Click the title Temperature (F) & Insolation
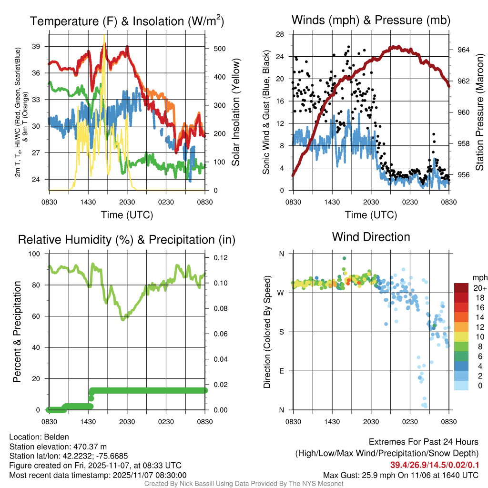[x=127, y=21]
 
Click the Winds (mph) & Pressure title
[x=371, y=20]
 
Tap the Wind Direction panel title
[x=371, y=237]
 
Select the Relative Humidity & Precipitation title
[x=127, y=240]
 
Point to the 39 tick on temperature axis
[x=40, y=46]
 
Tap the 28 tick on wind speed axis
[x=280, y=34]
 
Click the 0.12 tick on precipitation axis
[x=217, y=258]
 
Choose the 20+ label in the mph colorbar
[x=479, y=288]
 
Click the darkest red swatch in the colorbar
[x=461, y=288]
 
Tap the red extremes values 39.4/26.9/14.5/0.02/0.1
[x=435, y=465]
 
